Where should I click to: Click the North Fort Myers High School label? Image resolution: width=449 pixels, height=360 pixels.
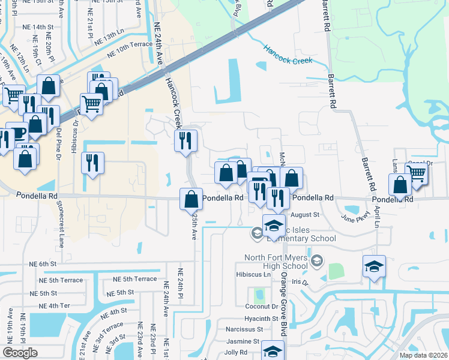(276, 262)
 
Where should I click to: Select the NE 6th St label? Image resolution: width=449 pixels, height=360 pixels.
(43, 263)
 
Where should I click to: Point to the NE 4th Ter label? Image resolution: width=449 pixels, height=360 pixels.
(43, 305)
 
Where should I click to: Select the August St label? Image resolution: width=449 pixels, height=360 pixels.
(305, 214)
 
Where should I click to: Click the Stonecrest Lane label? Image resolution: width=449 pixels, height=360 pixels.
(61, 222)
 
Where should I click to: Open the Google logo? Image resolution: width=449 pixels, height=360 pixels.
(20, 353)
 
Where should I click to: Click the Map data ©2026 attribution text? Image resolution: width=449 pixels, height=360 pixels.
(423, 355)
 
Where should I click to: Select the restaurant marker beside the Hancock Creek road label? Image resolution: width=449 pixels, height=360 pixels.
(186, 141)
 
